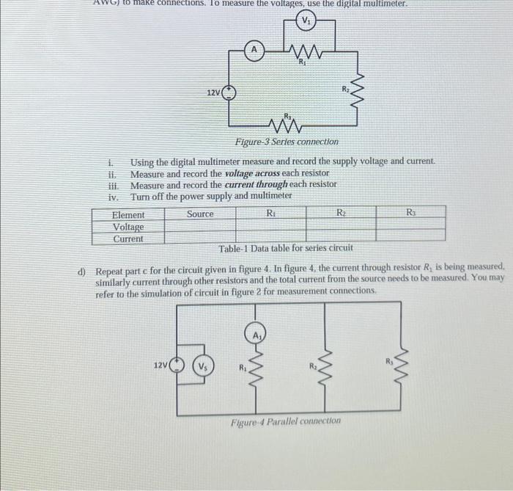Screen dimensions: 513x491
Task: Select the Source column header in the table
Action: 200,214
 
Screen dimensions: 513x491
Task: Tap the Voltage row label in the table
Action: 128,227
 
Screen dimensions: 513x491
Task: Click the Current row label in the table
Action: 128,239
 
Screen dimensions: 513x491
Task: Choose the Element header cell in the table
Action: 128,215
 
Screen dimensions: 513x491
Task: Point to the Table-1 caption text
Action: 285,248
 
